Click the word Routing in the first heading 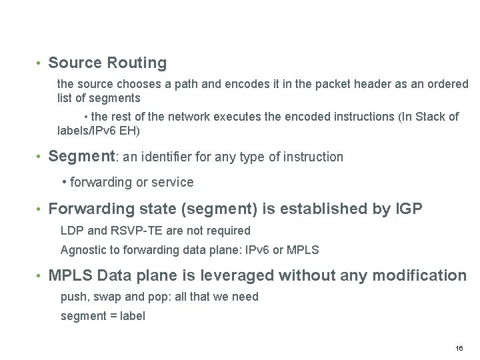[x=137, y=63]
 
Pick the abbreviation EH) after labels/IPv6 [x=129, y=131]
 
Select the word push [x=72, y=297]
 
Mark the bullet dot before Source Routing [x=39, y=64]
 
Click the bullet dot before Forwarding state [x=39, y=209]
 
